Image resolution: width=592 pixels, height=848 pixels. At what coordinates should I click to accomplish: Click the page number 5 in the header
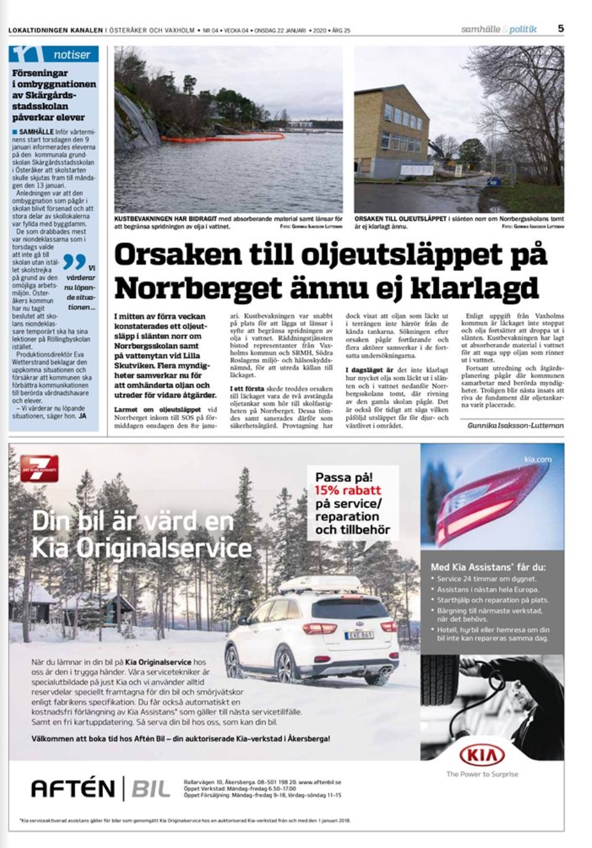click(x=561, y=28)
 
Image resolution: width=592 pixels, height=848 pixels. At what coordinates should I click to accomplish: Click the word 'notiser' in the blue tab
click(x=72, y=55)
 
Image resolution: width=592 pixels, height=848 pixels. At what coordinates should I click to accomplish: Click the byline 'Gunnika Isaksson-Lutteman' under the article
click(x=516, y=425)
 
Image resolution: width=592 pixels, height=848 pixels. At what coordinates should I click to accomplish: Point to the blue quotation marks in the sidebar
click(x=75, y=262)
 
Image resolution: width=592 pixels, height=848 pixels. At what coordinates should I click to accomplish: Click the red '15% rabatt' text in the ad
click(x=348, y=491)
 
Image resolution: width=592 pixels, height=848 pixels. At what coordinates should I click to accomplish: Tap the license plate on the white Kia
click(x=359, y=635)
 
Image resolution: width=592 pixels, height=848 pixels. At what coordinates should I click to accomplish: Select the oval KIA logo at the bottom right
click(x=482, y=755)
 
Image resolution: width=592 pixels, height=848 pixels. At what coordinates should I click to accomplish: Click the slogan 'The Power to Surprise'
click(x=482, y=774)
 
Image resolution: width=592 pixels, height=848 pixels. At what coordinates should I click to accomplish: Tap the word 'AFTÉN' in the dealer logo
click(x=73, y=789)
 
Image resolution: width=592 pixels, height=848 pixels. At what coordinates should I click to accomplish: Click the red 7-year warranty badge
click(x=39, y=469)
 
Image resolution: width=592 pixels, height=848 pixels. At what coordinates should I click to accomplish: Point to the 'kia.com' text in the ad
click(x=538, y=460)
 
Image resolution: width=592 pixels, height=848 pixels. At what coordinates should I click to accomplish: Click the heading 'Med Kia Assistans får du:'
click(x=488, y=567)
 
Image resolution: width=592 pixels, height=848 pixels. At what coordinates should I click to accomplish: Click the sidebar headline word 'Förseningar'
click(x=40, y=73)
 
